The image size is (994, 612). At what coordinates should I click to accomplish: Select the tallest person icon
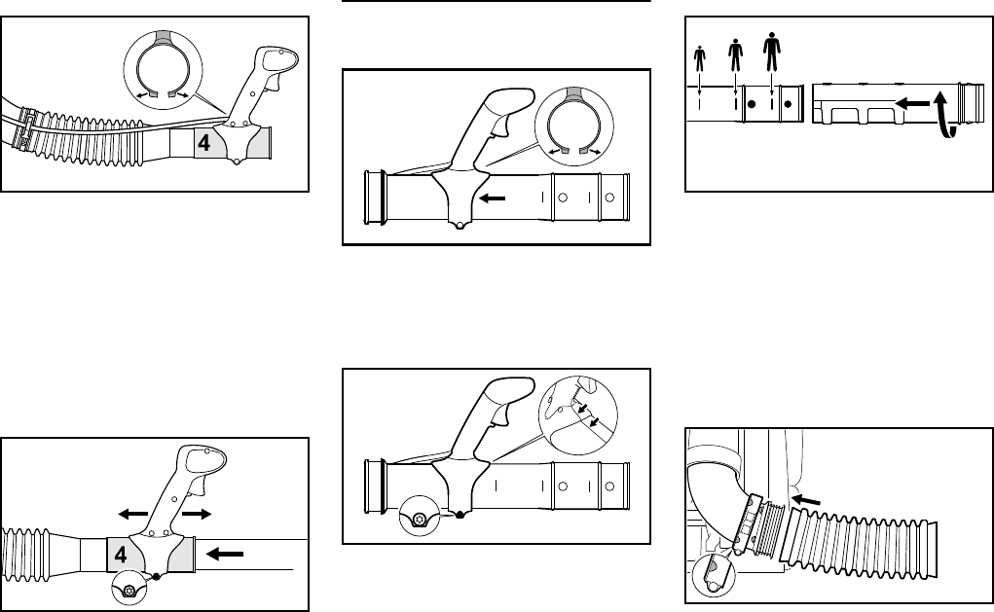coord(772,49)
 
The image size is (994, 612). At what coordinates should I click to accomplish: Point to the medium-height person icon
coord(734,53)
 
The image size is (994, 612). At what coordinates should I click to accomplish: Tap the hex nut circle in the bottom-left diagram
coord(127,587)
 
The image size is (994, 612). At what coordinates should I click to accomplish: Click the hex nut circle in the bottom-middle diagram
coord(418,520)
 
